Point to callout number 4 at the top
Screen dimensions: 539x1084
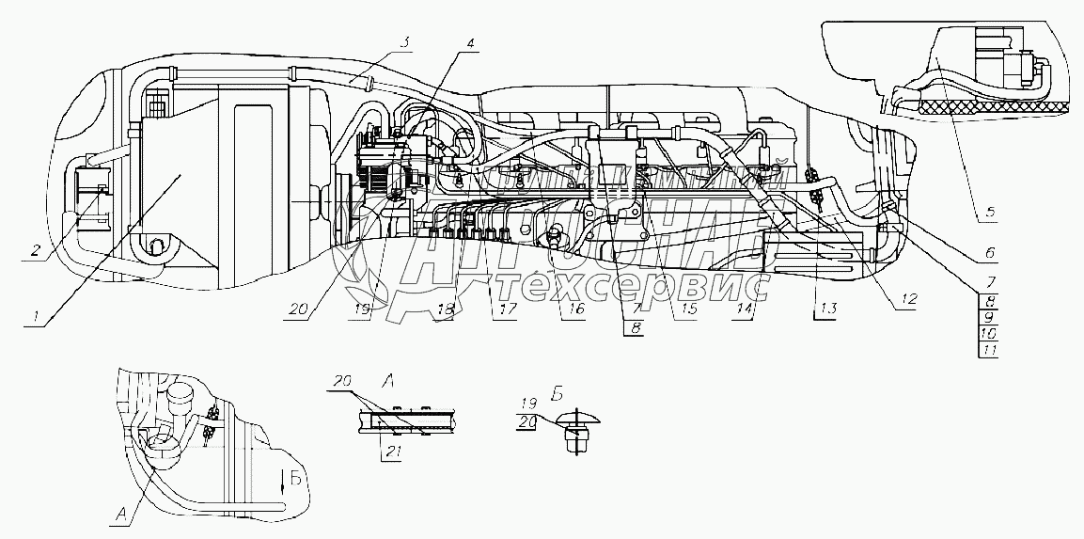coord(470,43)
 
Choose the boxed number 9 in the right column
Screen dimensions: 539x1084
coord(988,317)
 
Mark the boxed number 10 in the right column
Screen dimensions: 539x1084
coord(988,333)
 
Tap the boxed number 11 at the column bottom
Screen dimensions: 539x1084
coord(988,349)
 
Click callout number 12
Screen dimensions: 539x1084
coord(908,298)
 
